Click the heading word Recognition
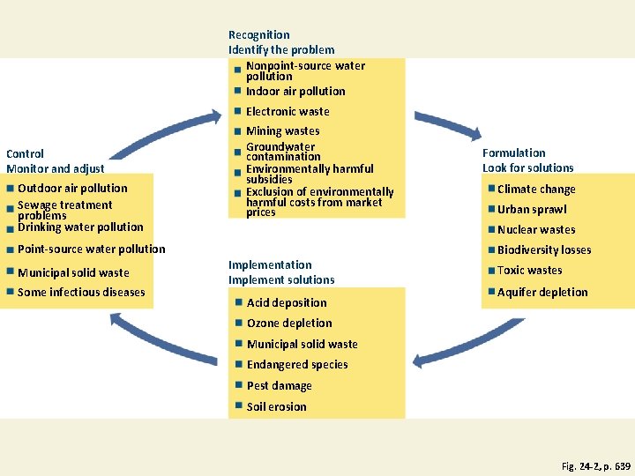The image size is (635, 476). [x=259, y=35]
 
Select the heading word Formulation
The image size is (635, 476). [x=514, y=153]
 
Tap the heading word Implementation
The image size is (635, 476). [x=270, y=264]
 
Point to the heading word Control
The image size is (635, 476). [x=25, y=153]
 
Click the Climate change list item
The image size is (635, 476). [x=536, y=190]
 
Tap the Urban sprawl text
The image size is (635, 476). [x=532, y=210]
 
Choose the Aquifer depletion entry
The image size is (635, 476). [x=542, y=293]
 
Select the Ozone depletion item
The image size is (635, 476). [x=289, y=324]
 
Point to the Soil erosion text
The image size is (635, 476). [x=277, y=407]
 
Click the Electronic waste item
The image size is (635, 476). [x=288, y=112]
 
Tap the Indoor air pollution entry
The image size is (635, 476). [x=295, y=92]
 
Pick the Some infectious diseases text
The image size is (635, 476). [x=81, y=293]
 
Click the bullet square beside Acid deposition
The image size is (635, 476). [x=238, y=302]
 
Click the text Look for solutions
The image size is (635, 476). [x=527, y=168]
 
